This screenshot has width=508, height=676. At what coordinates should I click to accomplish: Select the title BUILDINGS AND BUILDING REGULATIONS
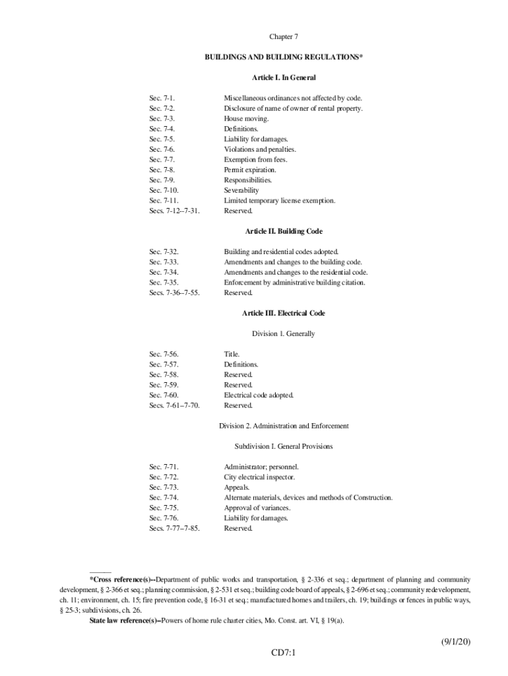283,57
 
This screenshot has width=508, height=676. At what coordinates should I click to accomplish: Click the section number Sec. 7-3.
162,119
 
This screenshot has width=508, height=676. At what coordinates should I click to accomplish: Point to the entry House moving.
246,119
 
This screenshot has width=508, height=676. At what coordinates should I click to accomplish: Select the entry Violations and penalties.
259,149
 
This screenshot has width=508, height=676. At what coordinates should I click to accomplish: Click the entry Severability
241,190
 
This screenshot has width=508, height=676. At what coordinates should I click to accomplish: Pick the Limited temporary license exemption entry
279,201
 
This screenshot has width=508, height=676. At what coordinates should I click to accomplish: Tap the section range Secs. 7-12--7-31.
174,211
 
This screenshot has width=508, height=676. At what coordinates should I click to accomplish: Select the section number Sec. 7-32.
164,252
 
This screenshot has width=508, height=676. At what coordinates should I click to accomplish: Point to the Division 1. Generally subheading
283,333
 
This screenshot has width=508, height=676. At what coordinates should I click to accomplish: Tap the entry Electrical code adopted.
259,395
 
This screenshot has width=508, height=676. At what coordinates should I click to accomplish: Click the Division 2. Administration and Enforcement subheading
283,426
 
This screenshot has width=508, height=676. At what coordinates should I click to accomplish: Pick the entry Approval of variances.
257,508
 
